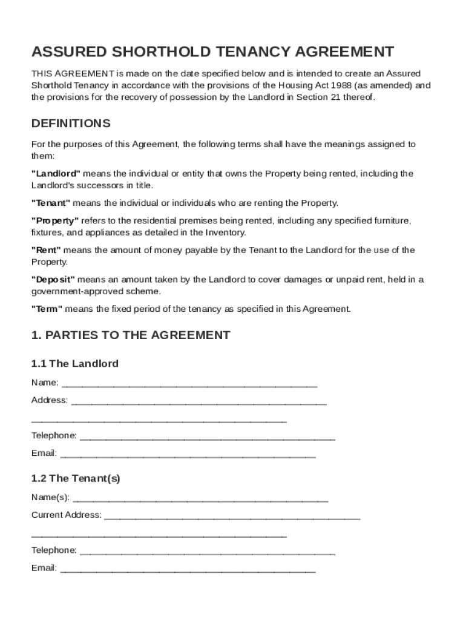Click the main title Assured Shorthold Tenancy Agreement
212,51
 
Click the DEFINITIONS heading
71,124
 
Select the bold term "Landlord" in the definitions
56,174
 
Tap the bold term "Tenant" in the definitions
51,203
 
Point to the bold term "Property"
55,221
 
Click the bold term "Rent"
46,250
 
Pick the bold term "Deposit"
53,279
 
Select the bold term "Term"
47,309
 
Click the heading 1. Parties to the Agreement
131,335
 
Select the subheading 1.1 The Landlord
74,364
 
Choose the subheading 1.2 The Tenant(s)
76,478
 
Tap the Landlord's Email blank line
188,454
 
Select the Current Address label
66,515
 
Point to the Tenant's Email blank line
188,569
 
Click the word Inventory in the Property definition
226,232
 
